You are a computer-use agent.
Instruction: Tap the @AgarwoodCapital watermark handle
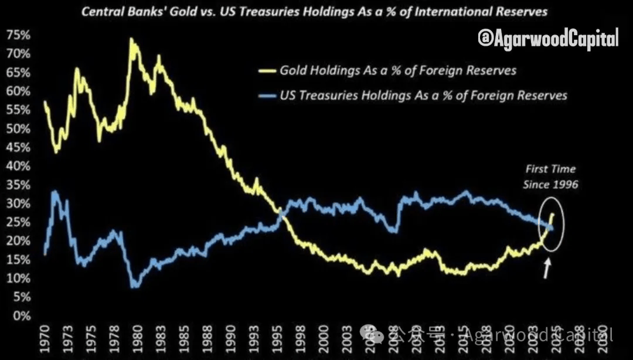point(548,40)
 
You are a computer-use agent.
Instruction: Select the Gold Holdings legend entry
point(397,71)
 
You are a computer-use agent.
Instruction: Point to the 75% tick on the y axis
point(19,35)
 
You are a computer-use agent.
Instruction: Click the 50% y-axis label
point(19,128)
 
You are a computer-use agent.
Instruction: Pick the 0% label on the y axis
point(21,316)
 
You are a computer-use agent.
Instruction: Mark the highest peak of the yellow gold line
point(131,40)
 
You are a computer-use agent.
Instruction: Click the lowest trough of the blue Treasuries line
point(135,286)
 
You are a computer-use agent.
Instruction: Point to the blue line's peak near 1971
point(55,191)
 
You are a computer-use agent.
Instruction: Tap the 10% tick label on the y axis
point(19,279)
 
